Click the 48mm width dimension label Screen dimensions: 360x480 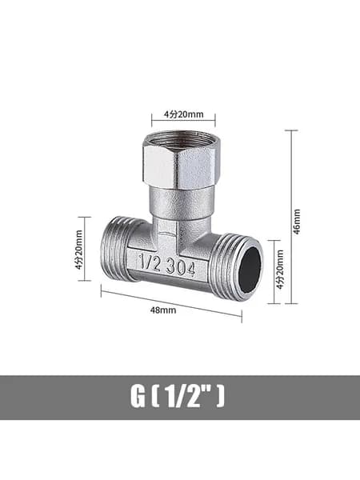163,310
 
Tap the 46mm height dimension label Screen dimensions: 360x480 297,222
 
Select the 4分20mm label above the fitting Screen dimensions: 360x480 184,114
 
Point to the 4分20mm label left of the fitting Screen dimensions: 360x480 78,250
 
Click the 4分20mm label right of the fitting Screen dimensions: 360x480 280,270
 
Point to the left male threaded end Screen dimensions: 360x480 117,249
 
